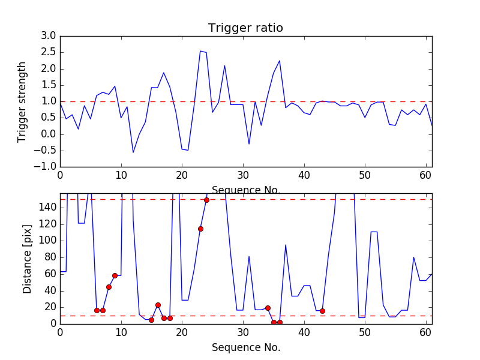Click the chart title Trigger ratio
click(245, 28)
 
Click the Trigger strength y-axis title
click(22, 101)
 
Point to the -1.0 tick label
click(45, 166)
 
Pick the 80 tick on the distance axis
click(50, 257)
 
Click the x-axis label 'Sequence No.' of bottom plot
click(245, 347)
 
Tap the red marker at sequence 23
click(200, 229)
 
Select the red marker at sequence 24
click(206, 200)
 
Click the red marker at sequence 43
click(322, 311)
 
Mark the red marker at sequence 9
click(115, 275)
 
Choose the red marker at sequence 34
click(268, 308)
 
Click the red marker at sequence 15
click(151, 320)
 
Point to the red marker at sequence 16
click(158, 305)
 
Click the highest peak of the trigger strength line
click(200, 51)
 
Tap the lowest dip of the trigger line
click(133, 152)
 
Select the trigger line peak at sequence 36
click(280, 61)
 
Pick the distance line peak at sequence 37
click(286, 245)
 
